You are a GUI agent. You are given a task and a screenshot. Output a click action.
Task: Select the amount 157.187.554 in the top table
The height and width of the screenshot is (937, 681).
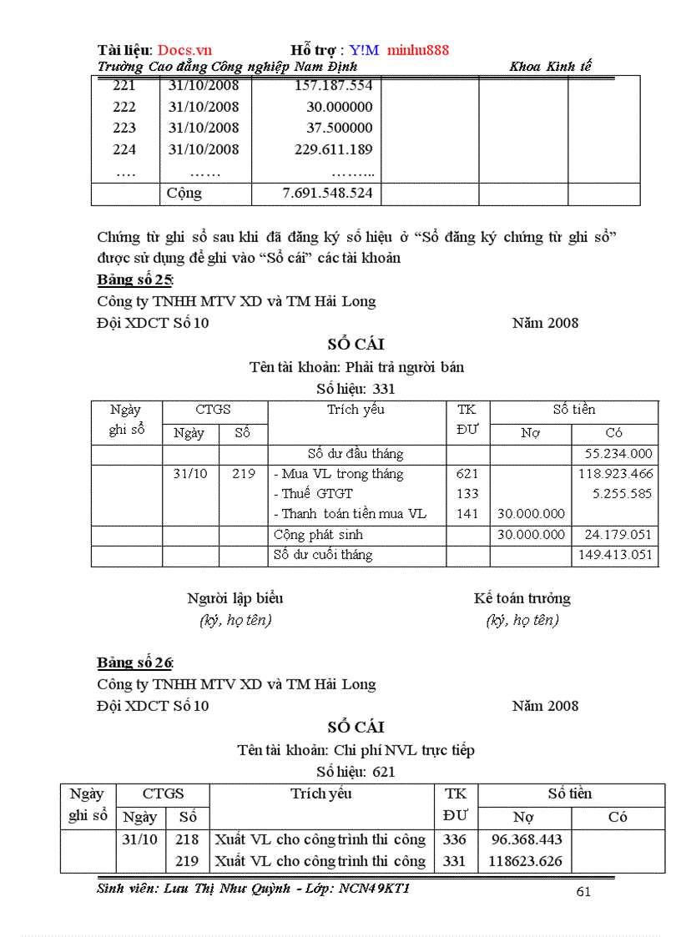(333, 85)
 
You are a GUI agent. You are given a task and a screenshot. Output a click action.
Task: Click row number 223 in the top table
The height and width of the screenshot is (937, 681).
(124, 128)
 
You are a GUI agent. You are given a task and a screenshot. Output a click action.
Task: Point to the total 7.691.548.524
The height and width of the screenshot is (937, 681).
(328, 193)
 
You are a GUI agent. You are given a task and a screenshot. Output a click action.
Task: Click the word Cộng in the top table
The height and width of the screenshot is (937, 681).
(184, 193)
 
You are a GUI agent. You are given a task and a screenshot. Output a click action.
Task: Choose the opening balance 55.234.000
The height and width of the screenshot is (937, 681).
(618, 454)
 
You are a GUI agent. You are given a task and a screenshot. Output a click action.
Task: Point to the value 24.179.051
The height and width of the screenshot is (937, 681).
(616, 535)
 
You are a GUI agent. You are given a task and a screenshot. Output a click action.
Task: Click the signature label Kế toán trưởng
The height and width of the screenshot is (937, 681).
(522, 598)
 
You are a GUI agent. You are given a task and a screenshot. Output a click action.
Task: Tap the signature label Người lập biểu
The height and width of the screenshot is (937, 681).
(235, 598)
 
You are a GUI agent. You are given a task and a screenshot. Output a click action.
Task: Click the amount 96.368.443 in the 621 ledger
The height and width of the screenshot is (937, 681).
(527, 839)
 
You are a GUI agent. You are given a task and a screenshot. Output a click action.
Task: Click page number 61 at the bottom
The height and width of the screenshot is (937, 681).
(583, 892)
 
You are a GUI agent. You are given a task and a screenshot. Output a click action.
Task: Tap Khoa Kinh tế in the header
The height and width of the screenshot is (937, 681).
(550, 66)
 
